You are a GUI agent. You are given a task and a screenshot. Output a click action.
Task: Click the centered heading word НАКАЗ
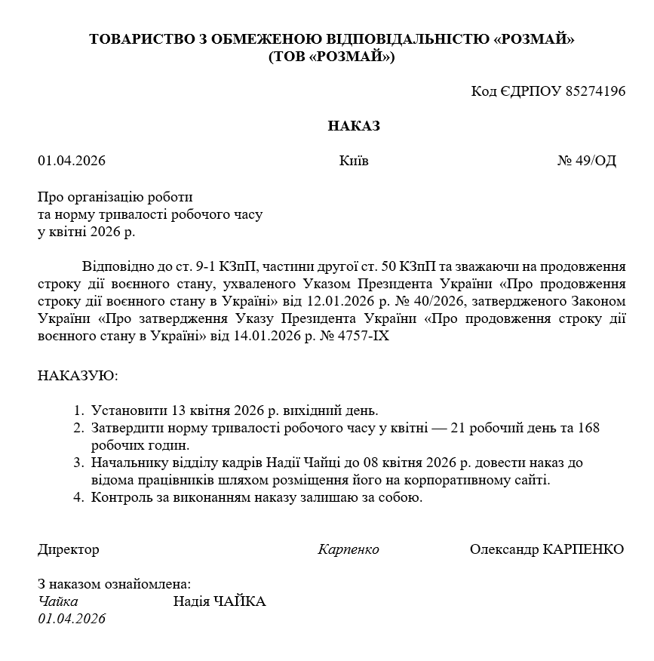pyautogui.click(x=354, y=126)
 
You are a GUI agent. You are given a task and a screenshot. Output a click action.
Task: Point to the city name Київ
pyautogui.click(x=354, y=161)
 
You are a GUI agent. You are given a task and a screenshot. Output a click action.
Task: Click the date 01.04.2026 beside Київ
pyautogui.click(x=72, y=161)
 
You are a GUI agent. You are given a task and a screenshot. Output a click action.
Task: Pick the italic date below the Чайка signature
pyautogui.click(x=72, y=619)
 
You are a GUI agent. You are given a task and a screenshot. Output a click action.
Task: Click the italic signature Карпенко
pyautogui.click(x=348, y=549)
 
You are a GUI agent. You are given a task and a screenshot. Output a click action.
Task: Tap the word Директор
pyautogui.click(x=68, y=549)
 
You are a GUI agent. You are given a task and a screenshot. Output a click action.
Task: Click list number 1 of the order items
pyautogui.click(x=78, y=411)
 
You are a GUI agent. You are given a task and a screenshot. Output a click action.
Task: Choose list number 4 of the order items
pyautogui.click(x=78, y=497)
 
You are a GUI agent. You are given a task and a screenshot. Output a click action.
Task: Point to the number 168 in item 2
pyautogui.click(x=588, y=428)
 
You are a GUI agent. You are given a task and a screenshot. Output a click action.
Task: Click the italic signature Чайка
pyautogui.click(x=58, y=601)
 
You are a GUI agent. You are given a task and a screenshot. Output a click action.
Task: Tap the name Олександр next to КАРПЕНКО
pyautogui.click(x=504, y=549)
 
